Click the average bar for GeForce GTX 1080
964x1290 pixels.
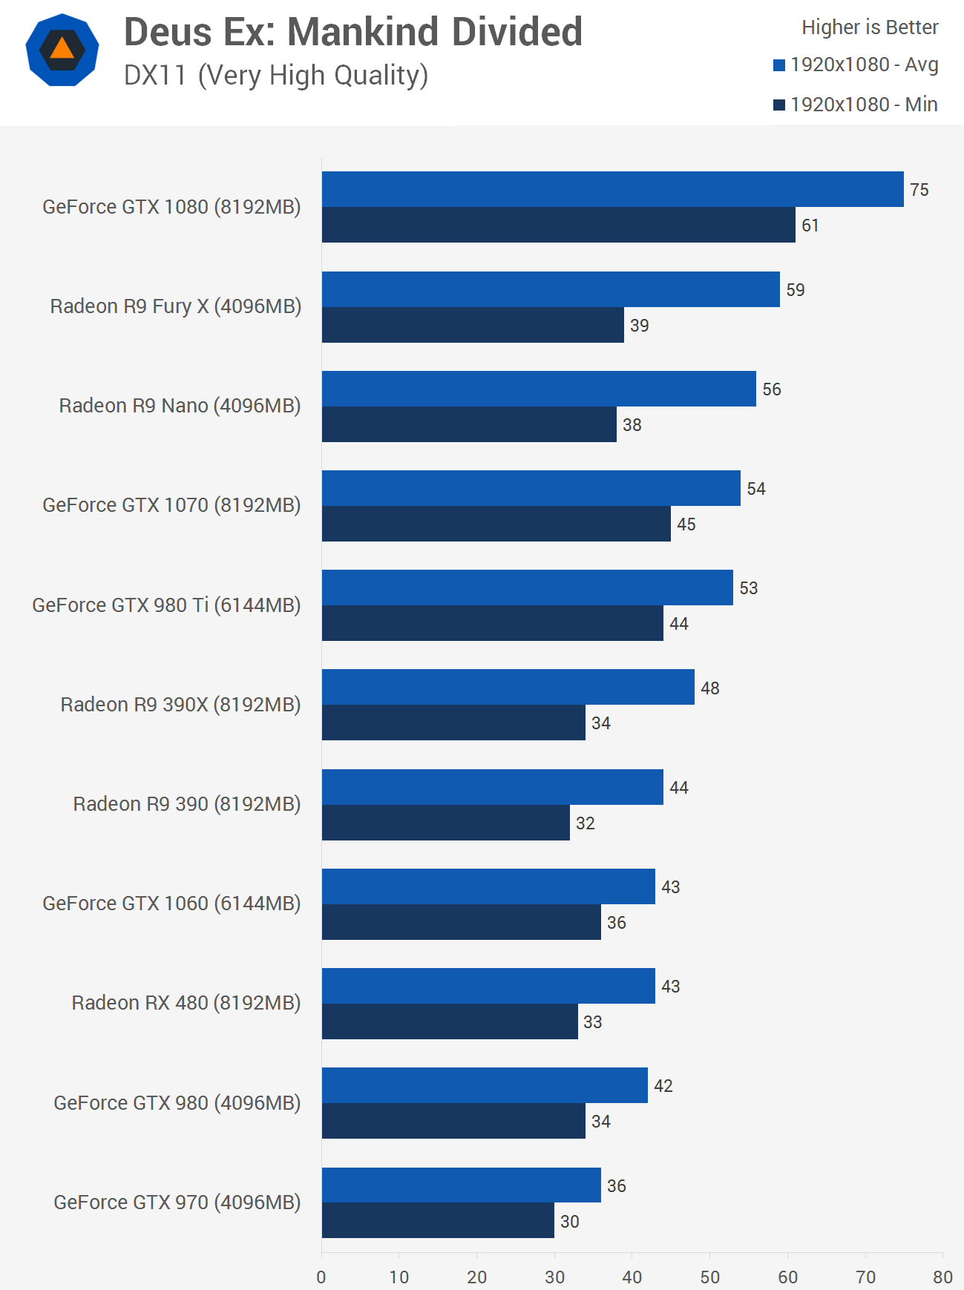coord(612,189)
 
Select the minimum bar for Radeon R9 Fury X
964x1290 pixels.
coord(473,325)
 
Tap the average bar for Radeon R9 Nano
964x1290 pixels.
coord(539,389)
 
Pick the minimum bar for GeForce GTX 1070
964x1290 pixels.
coord(496,524)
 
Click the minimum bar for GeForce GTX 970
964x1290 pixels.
coord(438,1220)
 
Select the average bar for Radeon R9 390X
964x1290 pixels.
coord(508,687)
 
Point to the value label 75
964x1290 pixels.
coord(919,190)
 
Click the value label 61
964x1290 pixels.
coord(810,226)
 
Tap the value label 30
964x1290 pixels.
coord(570,1221)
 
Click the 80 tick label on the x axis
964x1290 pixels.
coord(942,1277)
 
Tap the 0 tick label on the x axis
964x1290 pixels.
coord(321,1277)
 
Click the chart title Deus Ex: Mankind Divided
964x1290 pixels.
coord(353,32)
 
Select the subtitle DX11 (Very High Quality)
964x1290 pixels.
coord(276,76)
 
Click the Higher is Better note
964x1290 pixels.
coord(870,27)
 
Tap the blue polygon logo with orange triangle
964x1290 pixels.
coord(62,50)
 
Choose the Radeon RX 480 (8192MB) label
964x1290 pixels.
coord(186,1003)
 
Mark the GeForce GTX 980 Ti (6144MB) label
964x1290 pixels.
coord(166,605)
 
